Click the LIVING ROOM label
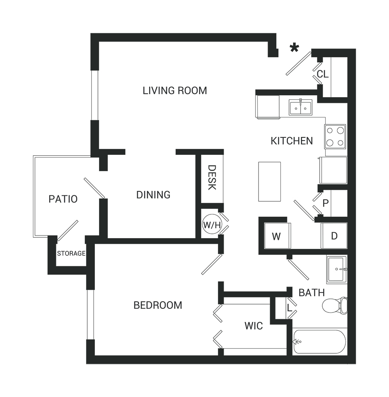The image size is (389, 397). pos(175,91)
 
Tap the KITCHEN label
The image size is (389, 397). pos(291,141)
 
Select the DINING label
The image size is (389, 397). pos(153,195)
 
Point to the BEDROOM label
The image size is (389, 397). pos(158,305)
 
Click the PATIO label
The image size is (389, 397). pos(63,199)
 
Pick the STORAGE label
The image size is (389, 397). pos(71,253)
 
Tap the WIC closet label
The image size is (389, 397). pos(254,326)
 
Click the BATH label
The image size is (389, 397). pos(312,293)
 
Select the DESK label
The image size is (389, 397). pos(212,177)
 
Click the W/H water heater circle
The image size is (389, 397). pos(212,225)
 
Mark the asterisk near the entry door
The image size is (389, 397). pos(294,48)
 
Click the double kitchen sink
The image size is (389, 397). pos(301,108)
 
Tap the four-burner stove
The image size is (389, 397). pos(335,137)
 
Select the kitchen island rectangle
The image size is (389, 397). pos(269,181)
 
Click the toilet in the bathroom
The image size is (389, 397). pos(335,306)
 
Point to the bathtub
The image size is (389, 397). pos(320,342)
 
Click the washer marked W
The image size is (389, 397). pos(277,236)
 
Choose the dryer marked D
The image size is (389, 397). pos(334,236)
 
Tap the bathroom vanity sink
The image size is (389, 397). pos(337,269)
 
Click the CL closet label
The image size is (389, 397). pos(322,74)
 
